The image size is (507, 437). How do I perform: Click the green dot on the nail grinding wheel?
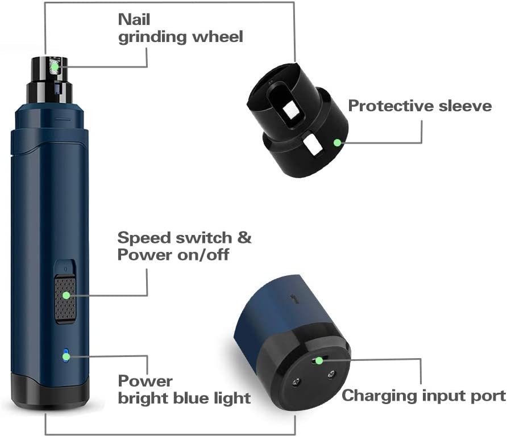tap(55, 67)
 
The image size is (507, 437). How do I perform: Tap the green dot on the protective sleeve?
tap(337, 142)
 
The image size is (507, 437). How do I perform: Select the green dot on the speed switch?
tap(67, 295)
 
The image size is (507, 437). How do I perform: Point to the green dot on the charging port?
tap(319, 360)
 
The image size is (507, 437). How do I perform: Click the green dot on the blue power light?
tap(67, 356)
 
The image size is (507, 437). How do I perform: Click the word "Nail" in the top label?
tap(134, 19)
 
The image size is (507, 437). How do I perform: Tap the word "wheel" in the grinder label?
tap(218, 36)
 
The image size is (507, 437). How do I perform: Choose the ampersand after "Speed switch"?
tap(244, 238)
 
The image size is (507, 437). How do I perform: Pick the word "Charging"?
tap(379, 396)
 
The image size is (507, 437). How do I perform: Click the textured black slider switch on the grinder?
tap(65, 299)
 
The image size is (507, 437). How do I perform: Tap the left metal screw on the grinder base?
tap(296, 383)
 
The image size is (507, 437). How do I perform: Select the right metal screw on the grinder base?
tap(330, 375)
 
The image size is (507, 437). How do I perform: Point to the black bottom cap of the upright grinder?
tap(50, 390)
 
